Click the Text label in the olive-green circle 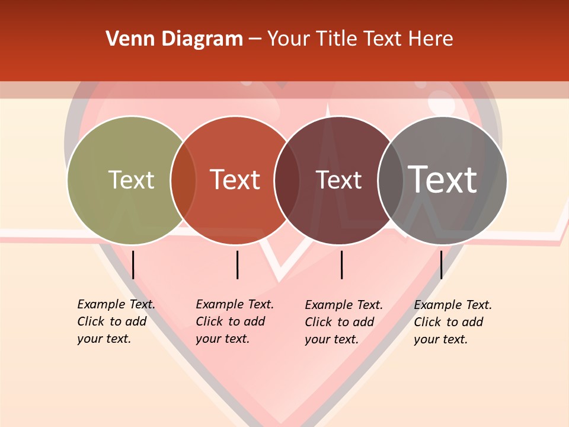[131, 180]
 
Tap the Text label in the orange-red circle [235, 180]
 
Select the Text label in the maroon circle [338, 180]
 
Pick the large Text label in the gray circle [443, 179]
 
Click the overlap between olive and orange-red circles [183, 180]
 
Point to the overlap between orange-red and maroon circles [287, 180]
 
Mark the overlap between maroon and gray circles [391, 180]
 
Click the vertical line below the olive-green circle [133, 265]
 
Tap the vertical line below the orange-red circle [237, 265]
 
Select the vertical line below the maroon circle [341, 265]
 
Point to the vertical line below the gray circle [442, 265]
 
